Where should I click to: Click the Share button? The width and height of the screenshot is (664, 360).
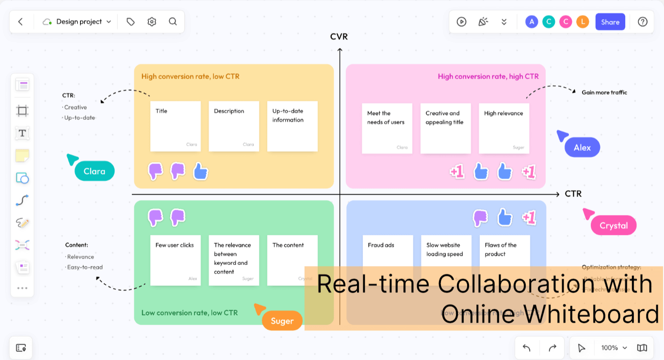tap(610, 22)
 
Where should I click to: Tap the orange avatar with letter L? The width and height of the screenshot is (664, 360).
tap(583, 22)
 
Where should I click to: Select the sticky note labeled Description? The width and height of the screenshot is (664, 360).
tap(234, 126)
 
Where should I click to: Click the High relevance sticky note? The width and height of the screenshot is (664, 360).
tap(503, 128)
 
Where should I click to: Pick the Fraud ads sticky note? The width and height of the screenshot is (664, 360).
tap(388, 252)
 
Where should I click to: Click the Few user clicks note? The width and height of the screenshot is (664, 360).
tap(175, 260)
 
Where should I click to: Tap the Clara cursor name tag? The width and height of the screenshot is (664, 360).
tap(95, 171)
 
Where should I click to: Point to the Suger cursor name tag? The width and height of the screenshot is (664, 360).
tap(282, 321)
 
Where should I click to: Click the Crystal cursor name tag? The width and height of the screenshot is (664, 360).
tap(614, 226)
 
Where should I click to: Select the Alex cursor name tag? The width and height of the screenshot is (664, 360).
tap(582, 147)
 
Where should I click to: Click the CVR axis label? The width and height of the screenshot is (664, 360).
tap(339, 37)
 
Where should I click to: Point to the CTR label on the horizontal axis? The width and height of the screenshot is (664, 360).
tap(573, 194)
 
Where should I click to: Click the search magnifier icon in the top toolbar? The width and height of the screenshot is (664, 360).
tap(173, 22)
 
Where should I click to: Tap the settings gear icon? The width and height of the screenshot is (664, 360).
tap(152, 22)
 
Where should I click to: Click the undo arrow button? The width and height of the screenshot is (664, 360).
tap(527, 348)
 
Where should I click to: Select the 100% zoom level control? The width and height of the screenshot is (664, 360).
tap(614, 348)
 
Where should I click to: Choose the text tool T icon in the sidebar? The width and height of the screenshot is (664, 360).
tap(22, 133)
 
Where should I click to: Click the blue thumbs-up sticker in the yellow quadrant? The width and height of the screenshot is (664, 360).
tap(200, 171)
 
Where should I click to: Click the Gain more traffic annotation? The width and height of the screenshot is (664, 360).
tap(604, 92)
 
